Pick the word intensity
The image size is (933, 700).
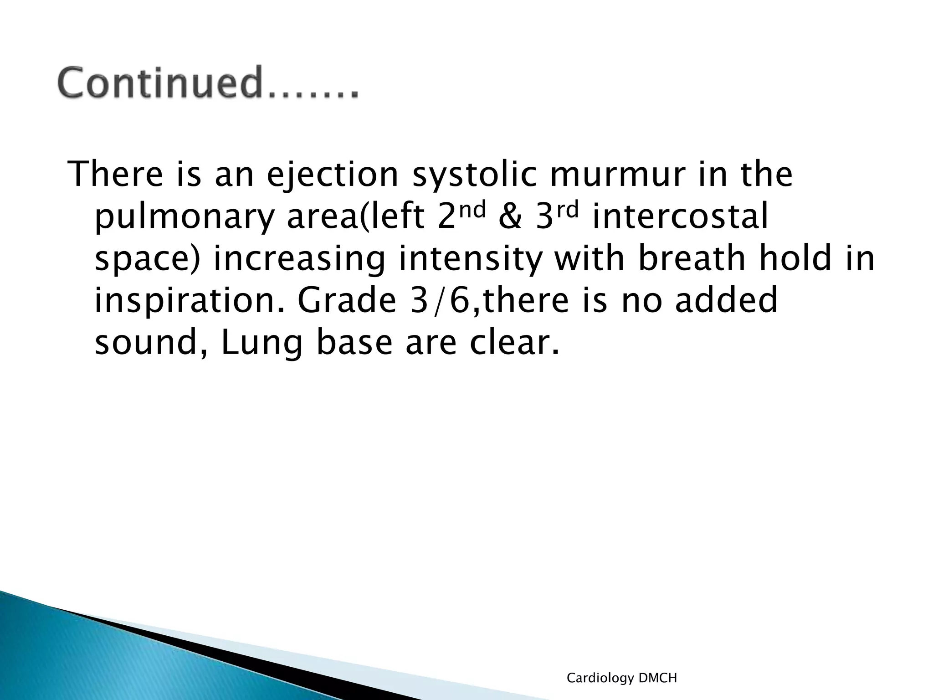[x=471, y=259]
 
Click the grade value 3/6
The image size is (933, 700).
[x=440, y=301]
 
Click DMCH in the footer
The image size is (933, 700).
[x=658, y=678]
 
